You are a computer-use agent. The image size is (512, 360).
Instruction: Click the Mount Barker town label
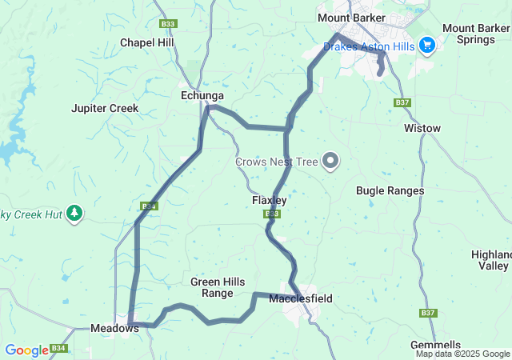[x=351, y=18]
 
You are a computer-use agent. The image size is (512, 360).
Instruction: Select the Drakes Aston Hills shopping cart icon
[x=426, y=46]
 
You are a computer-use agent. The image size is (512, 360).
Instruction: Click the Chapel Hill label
[x=147, y=42]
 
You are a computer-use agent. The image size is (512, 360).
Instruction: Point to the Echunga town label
[x=198, y=95]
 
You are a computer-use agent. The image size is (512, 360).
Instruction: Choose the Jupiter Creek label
[x=105, y=108]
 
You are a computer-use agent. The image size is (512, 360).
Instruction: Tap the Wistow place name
[x=422, y=128]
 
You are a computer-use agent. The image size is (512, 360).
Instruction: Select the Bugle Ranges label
[x=390, y=190]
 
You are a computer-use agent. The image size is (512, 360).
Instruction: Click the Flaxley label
[x=269, y=200]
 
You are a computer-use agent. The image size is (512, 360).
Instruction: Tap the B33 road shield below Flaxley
[x=272, y=214]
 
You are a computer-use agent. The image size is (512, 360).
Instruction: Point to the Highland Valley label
[x=490, y=259]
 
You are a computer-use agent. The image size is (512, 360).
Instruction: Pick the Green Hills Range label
[x=212, y=287]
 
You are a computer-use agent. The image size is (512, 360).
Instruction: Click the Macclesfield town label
[x=301, y=299]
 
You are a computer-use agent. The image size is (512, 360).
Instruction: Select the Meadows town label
[x=110, y=328]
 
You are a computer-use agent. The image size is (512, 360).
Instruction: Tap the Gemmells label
[x=435, y=345]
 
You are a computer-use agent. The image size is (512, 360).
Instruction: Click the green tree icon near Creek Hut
[x=74, y=213]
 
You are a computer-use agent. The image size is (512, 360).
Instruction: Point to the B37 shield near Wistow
[x=402, y=102]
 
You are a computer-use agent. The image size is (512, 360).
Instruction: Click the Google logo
[x=26, y=350]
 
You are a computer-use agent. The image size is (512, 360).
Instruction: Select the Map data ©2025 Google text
[x=462, y=354]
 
